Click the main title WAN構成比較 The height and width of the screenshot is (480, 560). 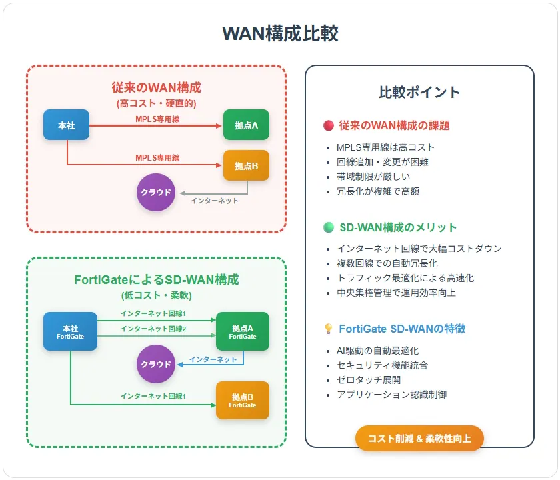(x=280, y=33)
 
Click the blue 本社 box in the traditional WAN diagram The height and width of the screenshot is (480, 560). (x=67, y=125)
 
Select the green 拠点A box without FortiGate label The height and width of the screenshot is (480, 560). (x=246, y=125)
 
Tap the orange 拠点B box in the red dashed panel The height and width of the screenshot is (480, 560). (x=246, y=165)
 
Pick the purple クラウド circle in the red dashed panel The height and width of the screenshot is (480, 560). (x=156, y=192)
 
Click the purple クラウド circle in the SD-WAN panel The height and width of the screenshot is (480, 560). (x=156, y=364)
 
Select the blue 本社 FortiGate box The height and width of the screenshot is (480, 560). (x=71, y=331)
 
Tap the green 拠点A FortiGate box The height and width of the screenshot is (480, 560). (x=243, y=331)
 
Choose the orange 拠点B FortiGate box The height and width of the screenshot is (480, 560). (x=243, y=400)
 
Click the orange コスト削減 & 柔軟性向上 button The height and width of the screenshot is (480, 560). (x=419, y=438)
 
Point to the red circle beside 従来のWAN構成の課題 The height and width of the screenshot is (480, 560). (x=329, y=125)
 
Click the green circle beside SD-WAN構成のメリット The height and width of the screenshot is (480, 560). (x=329, y=227)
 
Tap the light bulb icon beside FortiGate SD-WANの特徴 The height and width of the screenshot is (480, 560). (x=329, y=329)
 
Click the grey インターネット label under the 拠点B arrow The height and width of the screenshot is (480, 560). (x=214, y=201)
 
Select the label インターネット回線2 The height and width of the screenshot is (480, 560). (x=153, y=329)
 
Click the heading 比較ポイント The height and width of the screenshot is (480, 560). (x=419, y=92)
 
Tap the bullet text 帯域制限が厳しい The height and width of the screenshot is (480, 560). (x=373, y=177)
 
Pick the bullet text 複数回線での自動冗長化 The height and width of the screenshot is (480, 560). (x=387, y=263)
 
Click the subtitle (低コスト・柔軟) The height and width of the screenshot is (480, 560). (x=157, y=295)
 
